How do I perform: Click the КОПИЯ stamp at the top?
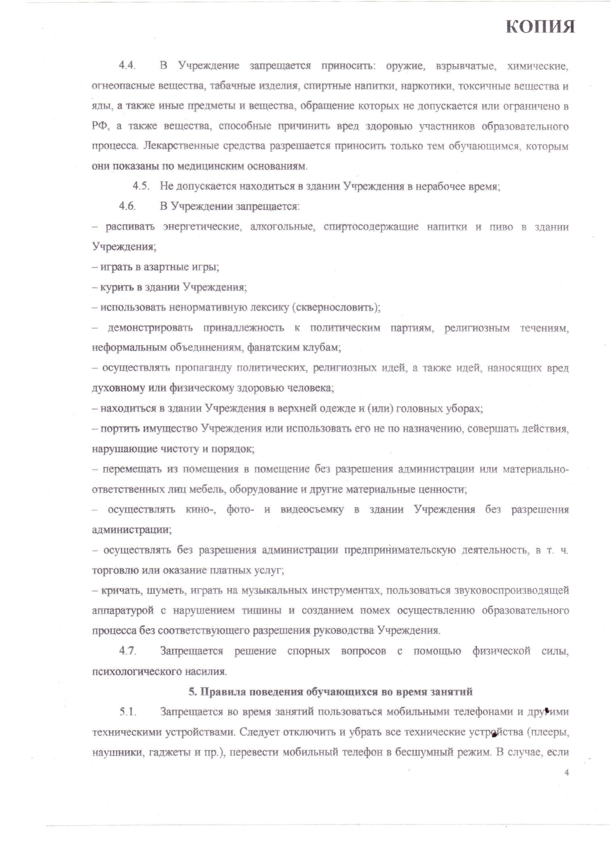coord(540,27)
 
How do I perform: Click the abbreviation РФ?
coord(100,126)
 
